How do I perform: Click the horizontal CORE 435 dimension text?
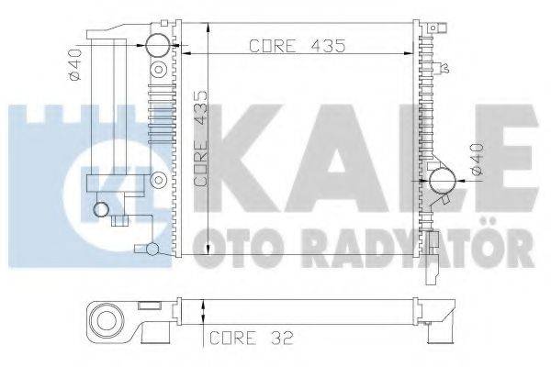(x=293, y=47)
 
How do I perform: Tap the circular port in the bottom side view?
(x=107, y=321)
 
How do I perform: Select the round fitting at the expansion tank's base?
(x=102, y=210)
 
